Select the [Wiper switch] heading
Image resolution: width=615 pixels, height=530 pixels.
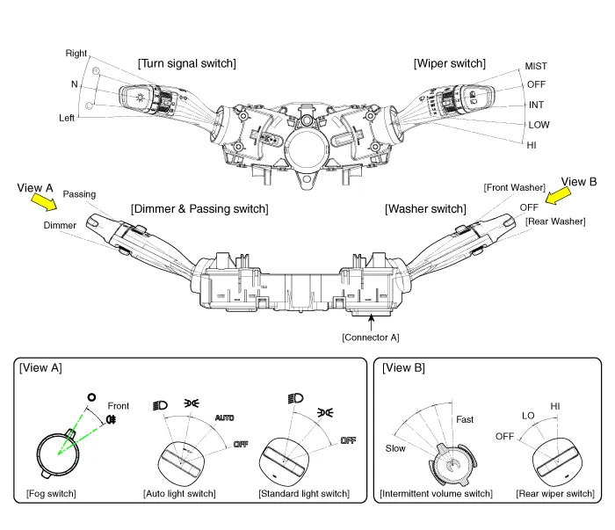coord(449,63)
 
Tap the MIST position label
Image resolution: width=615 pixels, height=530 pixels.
coord(536,66)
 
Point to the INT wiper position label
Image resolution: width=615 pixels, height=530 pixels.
coord(536,105)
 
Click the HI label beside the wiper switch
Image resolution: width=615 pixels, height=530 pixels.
coord(532,145)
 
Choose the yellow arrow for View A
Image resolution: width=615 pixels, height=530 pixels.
coord(40,202)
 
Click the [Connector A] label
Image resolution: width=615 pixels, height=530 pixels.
coord(371,337)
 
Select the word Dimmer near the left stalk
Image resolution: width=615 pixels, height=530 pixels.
coord(60,225)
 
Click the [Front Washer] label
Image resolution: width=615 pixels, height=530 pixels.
coord(515,188)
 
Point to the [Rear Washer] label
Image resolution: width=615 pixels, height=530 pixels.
coord(555,221)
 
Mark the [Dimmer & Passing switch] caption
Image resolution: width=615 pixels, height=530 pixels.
coord(199,208)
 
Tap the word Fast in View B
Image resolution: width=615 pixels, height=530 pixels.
coord(465,419)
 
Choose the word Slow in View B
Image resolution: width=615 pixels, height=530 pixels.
coord(395,447)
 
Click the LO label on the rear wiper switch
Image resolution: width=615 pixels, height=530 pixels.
coord(528,415)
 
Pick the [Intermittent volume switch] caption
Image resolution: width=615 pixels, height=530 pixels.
coord(436,493)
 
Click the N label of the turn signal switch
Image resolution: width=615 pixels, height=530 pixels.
coord(74,84)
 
